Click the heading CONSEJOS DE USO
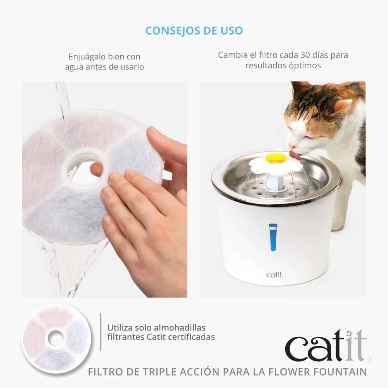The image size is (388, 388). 194,31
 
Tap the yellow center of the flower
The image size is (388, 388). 276,158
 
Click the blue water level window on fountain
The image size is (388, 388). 273,237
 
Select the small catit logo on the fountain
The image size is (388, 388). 275,275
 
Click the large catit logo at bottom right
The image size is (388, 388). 325,346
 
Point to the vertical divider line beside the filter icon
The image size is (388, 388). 101,332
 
